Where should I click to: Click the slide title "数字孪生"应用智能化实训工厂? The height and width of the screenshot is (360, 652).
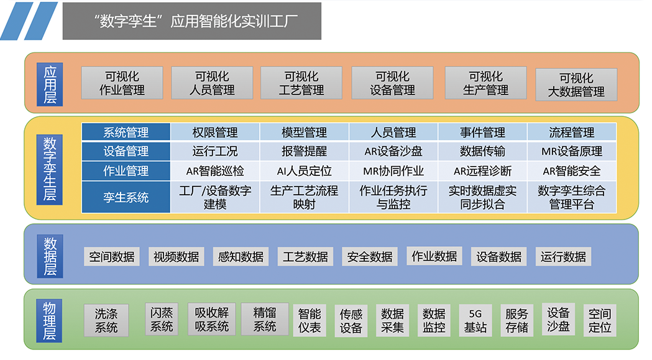pyautogui.click(x=192, y=21)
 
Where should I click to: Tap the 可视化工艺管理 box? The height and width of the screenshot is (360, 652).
pyautogui.click(x=301, y=83)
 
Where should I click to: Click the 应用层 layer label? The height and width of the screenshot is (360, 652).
pyautogui.click(x=50, y=83)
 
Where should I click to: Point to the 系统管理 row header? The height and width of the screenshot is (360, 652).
pyautogui.click(x=126, y=132)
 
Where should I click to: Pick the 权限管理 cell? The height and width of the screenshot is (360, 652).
pyautogui.click(x=215, y=132)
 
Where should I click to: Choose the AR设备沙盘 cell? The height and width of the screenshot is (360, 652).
pyautogui.click(x=393, y=151)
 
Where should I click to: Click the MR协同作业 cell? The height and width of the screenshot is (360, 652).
pyautogui.click(x=393, y=170)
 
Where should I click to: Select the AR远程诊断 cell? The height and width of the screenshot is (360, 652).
pyautogui.click(x=482, y=170)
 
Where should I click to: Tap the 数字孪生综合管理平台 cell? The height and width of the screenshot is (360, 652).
pyautogui.click(x=572, y=197)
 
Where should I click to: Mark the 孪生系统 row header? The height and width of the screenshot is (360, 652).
pyautogui.click(x=126, y=197)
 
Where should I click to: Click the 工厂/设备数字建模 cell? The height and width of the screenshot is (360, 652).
pyautogui.click(x=215, y=197)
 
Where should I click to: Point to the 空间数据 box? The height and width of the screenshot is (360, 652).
pyautogui.click(x=112, y=257)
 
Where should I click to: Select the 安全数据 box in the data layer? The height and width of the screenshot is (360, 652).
pyautogui.click(x=370, y=257)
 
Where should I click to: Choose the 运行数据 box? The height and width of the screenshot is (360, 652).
pyautogui.click(x=563, y=257)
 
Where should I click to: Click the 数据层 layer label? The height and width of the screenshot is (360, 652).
pyautogui.click(x=50, y=255)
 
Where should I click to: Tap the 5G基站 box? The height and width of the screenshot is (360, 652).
pyautogui.click(x=475, y=320)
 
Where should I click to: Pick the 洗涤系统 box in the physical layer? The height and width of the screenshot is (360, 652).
pyautogui.click(x=106, y=320)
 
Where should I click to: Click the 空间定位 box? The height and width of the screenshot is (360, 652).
pyautogui.click(x=600, y=320)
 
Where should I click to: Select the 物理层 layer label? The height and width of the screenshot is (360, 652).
pyautogui.click(x=50, y=320)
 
